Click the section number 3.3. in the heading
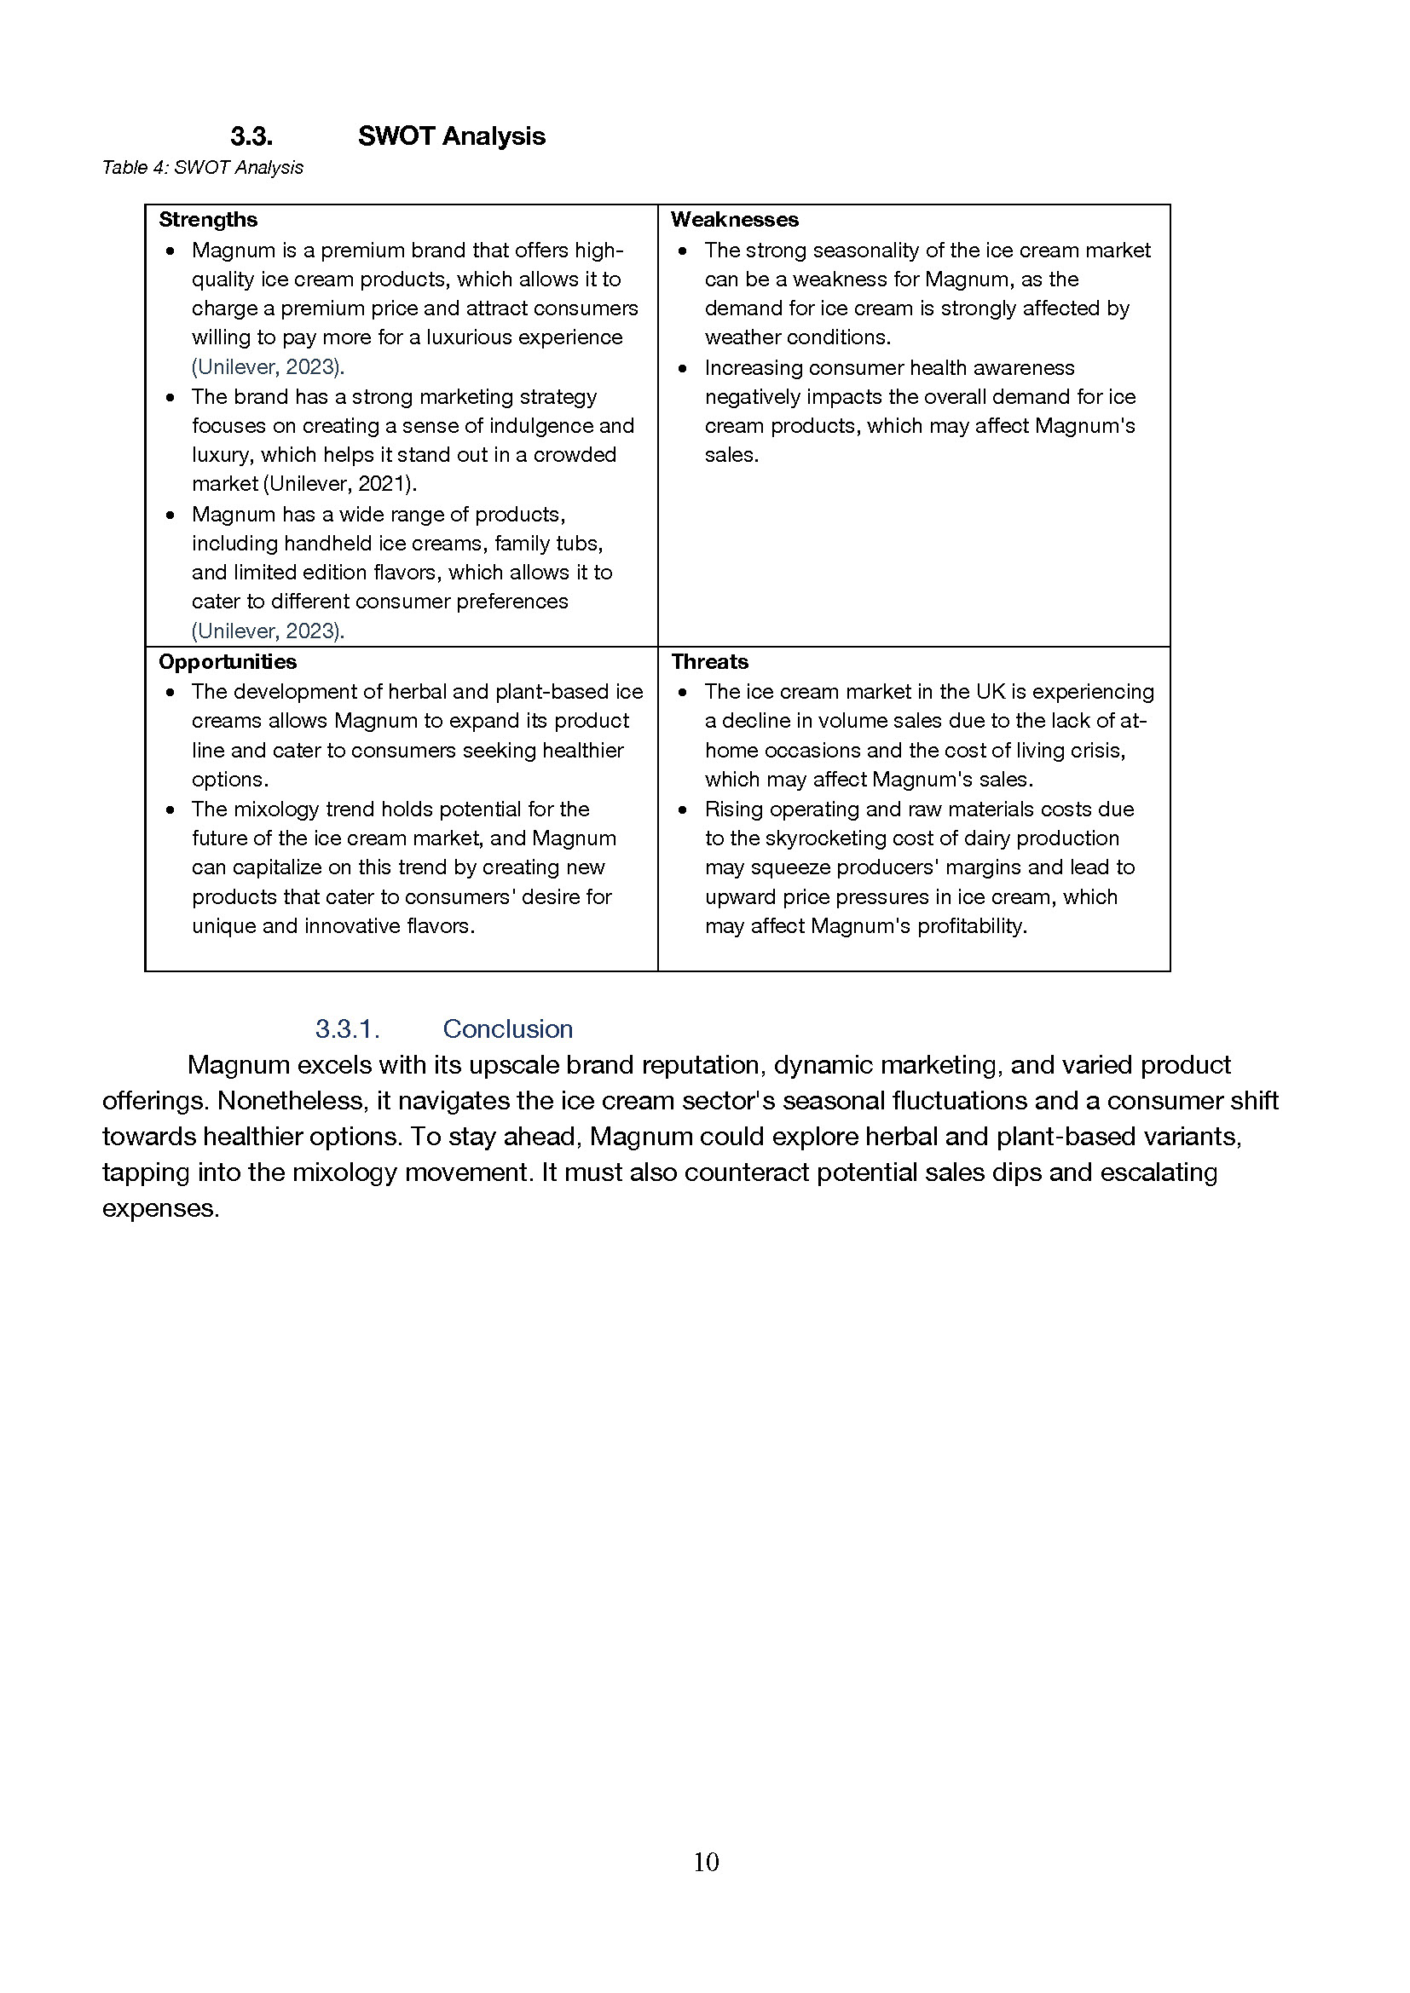pos(251,136)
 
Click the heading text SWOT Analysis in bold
pos(451,136)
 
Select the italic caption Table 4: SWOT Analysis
pos(202,168)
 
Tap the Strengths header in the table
pos(207,220)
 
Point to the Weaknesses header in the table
pos(734,220)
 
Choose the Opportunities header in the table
pos(228,661)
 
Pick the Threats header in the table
pos(709,661)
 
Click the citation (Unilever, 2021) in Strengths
pos(339,483)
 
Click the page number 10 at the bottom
pos(706,1861)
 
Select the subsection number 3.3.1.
pos(347,1028)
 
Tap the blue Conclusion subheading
pos(507,1028)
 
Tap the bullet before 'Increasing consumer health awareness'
pos(684,369)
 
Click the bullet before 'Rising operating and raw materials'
pos(684,809)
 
